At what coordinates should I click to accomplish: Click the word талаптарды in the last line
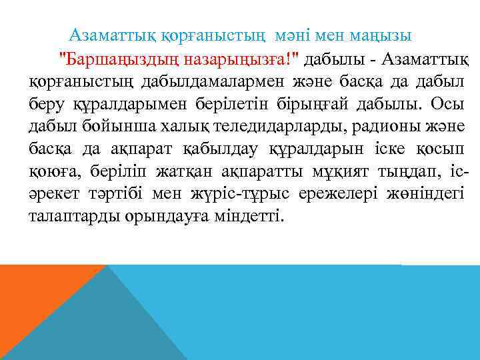pyautogui.click(x=74, y=215)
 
